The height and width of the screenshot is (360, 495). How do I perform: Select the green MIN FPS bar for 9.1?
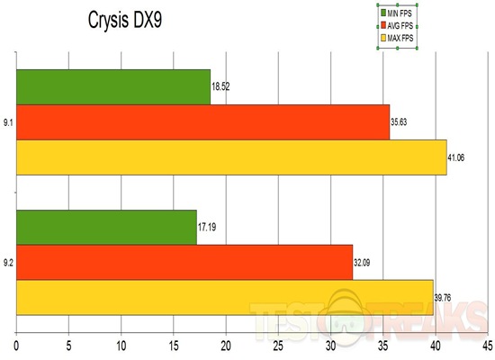pos(113,86)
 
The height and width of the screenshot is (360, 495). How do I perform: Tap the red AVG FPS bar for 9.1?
pos(203,121)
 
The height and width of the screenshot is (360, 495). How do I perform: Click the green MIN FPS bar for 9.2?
pos(106,227)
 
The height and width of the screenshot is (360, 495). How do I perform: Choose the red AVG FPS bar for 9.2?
pos(184,262)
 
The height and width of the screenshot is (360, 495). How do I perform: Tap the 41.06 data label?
pos(460,156)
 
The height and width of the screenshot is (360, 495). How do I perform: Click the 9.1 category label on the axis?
pos(8,122)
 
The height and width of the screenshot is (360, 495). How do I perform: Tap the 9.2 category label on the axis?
pos(8,263)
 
